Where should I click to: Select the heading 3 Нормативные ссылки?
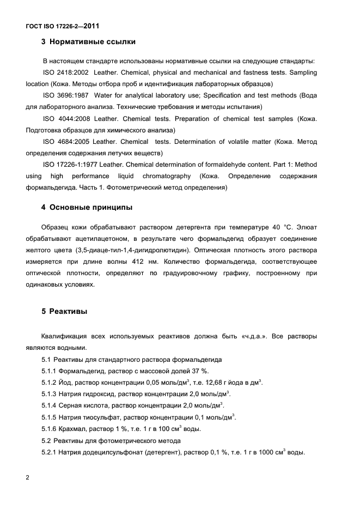click(88, 42)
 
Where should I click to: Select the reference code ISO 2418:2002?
click(65, 72)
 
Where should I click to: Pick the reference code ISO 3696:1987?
click(65, 95)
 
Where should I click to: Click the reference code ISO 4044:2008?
click(65, 118)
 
